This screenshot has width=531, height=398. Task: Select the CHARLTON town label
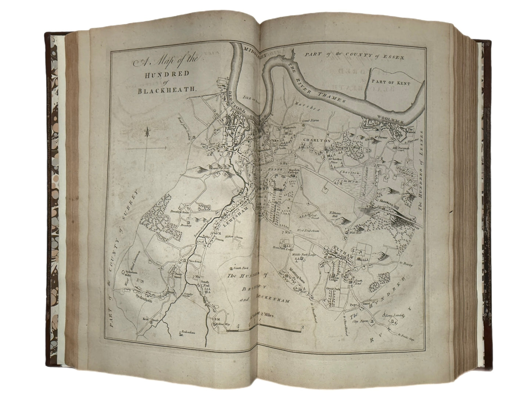click(x=318, y=140)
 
